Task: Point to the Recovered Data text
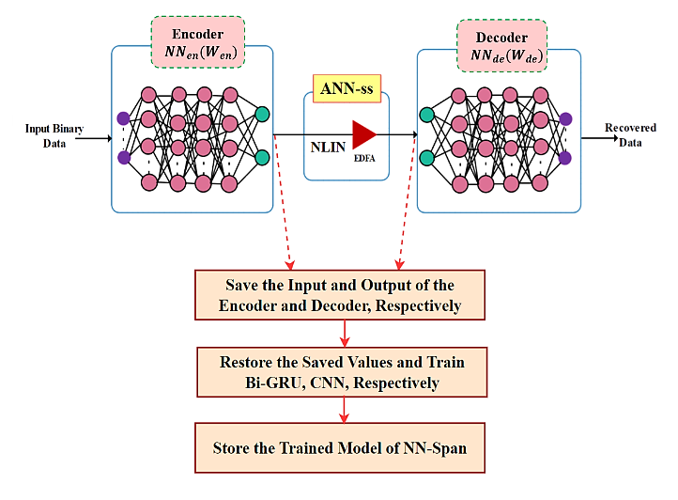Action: pyautogui.click(x=630, y=133)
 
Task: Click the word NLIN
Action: pyautogui.click(x=330, y=147)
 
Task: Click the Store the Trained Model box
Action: pyautogui.click(x=340, y=447)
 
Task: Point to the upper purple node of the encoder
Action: pyautogui.click(x=123, y=118)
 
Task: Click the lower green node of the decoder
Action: pyautogui.click(x=426, y=157)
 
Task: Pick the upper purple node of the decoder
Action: pyautogui.click(x=565, y=119)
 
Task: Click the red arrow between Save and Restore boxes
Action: pyautogui.click(x=347, y=332)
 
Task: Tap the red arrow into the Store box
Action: pyautogui.click(x=347, y=409)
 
